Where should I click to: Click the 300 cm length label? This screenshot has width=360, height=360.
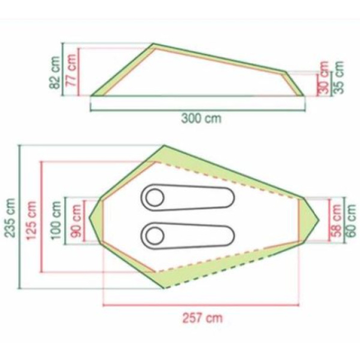201,119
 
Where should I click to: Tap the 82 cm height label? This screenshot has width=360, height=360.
55,71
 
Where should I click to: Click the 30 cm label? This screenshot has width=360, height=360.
322,84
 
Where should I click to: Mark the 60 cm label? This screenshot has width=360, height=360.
352,219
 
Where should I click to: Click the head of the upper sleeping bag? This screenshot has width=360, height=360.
154,197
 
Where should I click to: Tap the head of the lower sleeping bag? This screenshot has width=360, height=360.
154,232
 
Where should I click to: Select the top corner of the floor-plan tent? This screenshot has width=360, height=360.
164,146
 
